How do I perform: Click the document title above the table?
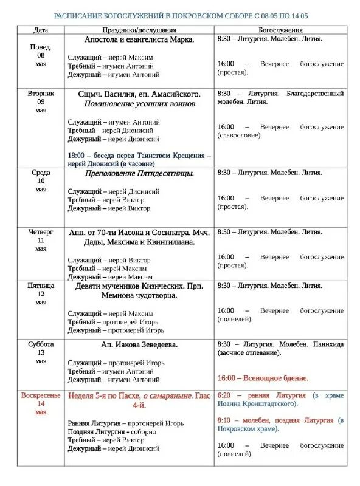coord(181,14)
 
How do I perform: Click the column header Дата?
coord(41,29)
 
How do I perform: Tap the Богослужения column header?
coord(280,29)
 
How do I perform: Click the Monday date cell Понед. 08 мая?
coord(41,55)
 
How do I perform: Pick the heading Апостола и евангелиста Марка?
coord(139,39)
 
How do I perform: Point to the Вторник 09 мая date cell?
coord(41,102)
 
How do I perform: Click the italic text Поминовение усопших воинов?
coord(139,104)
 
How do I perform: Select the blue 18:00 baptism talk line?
coord(139,159)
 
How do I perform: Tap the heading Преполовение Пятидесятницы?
coord(139,173)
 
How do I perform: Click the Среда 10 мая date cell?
coord(41,181)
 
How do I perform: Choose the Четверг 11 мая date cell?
coord(41,240)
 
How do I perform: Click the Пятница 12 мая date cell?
coord(41,293)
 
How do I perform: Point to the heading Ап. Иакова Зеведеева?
coord(139,344)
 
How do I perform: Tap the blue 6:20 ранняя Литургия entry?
coord(280,399)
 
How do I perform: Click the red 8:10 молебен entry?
coord(280,424)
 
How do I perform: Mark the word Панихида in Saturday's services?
coord(328,344)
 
